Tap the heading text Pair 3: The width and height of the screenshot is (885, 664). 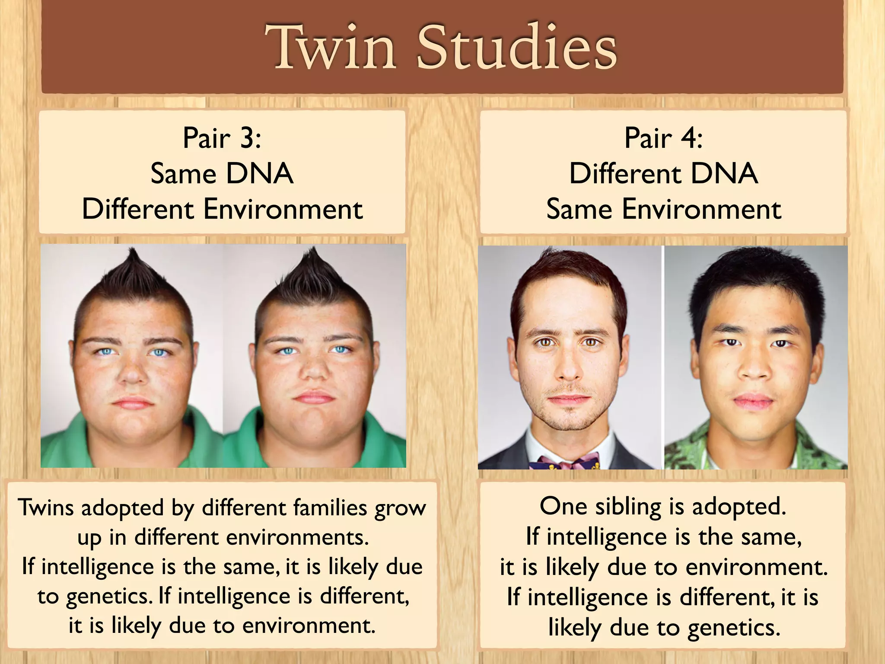(x=222, y=138)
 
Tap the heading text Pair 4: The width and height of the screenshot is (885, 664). (x=663, y=138)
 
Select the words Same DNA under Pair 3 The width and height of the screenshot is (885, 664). (x=222, y=174)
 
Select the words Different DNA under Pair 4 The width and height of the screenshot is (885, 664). (x=663, y=174)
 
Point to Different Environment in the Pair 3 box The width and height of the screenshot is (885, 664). (x=222, y=209)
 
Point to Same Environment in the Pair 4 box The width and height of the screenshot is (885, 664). (x=663, y=209)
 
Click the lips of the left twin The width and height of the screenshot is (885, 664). (x=133, y=403)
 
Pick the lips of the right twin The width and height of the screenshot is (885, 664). (x=314, y=397)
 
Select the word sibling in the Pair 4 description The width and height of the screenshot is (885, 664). (x=628, y=507)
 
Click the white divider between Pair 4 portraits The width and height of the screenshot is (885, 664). (x=662, y=357)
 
